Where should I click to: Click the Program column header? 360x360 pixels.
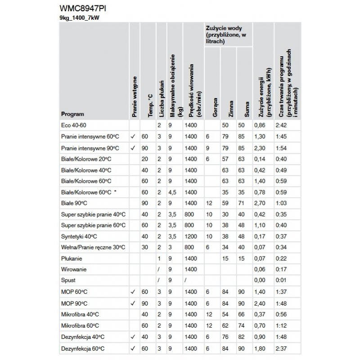[72, 114]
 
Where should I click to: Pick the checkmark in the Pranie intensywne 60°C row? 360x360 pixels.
[133, 136]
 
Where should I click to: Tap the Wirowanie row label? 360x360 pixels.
[74, 269]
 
